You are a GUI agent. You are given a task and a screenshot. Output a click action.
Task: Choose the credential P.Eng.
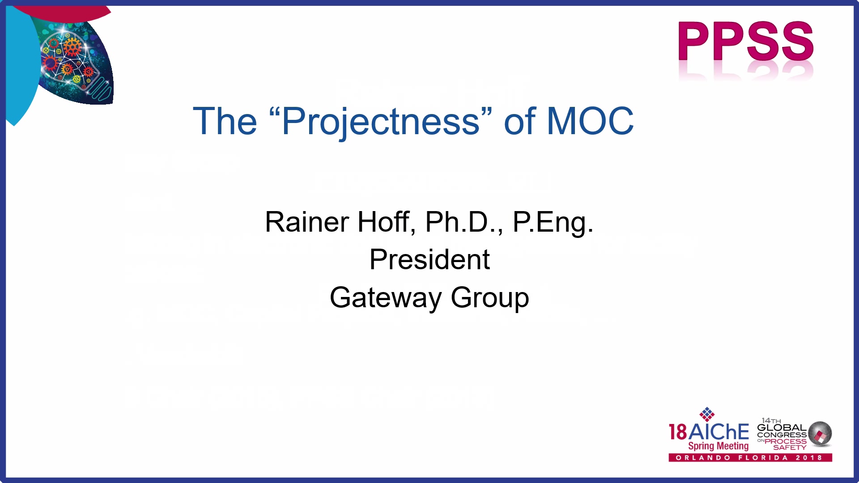pos(553,222)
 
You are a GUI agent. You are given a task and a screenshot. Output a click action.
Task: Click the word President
pos(429,259)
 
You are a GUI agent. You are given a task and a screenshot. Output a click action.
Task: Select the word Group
pos(490,298)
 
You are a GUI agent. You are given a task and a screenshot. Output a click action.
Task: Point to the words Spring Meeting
pos(718,446)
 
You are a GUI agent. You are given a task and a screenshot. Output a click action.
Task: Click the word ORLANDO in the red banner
pos(703,458)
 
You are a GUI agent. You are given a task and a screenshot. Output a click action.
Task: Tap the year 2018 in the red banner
pos(809,458)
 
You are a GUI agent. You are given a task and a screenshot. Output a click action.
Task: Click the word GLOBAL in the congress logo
pos(782,428)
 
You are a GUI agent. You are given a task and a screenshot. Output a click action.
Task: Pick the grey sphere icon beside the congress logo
pos(820,433)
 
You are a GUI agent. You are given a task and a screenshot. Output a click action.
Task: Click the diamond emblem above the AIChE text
pos(707,414)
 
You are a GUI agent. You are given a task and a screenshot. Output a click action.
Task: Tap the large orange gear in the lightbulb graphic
pos(72,47)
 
